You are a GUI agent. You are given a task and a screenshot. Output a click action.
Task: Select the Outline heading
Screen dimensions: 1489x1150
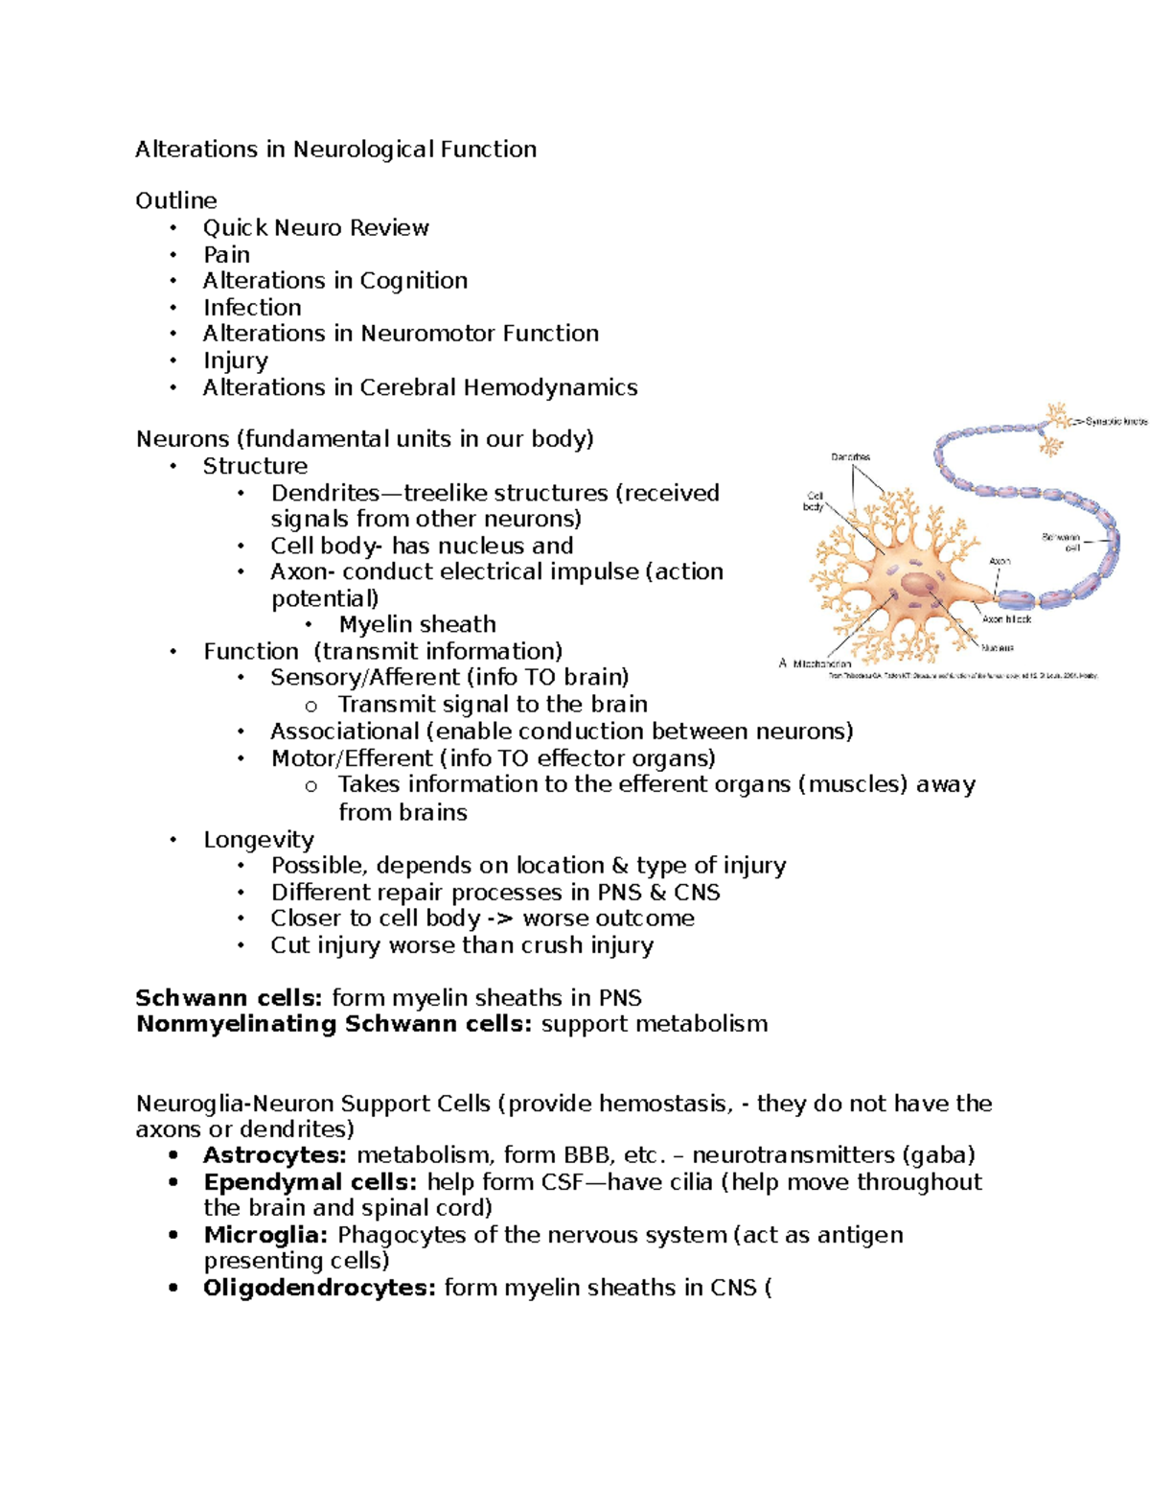(176, 200)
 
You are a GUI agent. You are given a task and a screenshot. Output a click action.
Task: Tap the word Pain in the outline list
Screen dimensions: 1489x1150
(226, 255)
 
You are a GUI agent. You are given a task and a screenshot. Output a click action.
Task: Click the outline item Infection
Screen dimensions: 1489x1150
(252, 308)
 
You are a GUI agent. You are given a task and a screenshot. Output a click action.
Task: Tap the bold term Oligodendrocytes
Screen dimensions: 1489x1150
(319, 1288)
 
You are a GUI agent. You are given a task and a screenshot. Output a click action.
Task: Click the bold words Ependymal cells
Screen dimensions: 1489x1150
(310, 1182)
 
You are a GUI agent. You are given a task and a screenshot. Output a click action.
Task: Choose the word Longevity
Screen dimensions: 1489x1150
(258, 840)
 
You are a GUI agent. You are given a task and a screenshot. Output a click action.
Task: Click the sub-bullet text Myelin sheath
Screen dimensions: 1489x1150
(417, 625)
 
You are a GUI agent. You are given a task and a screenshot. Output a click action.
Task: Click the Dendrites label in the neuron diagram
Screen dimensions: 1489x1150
(850, 457)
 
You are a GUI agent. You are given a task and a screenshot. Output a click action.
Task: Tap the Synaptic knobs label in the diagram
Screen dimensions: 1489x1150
(1115, 421)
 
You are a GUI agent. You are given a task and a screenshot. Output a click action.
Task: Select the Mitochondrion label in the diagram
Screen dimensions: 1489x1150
(822, 663)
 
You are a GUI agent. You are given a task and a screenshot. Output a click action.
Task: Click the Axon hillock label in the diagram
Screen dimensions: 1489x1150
(1006, 619)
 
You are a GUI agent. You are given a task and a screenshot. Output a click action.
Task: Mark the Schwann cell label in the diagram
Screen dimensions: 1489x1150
(1062, 542)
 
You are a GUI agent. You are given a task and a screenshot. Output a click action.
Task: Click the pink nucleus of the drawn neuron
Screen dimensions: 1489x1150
(921, 585)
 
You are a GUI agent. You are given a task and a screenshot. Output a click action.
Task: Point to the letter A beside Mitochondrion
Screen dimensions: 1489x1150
(783, 663)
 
